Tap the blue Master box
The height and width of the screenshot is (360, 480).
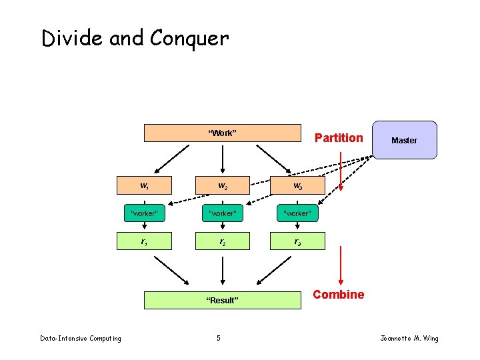[x=404, y=140]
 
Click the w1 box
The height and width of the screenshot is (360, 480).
[x=145, y=185]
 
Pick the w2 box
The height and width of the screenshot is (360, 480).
[x=222, y=185]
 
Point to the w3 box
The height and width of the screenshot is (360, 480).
[x=297, y=185]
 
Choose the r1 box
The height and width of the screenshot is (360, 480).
[x=145, y=241]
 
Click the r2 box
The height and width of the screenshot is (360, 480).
[x=222, y=241]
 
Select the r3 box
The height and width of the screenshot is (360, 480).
[x=297, y=241]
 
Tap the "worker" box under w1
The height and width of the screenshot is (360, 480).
[x=145, y=213]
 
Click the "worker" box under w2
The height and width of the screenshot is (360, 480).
[x=222, y=213]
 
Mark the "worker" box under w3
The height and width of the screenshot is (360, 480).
[x=297, y=213]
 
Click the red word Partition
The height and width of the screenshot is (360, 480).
[x=339, y=138]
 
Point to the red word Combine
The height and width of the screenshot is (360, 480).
[x=339, y=295]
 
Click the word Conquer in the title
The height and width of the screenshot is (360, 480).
[x=189, y=39]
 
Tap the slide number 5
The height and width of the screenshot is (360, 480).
[x=219, y=339]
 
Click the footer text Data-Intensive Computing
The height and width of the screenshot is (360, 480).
[x=81, y=339]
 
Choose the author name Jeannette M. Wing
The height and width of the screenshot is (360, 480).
[x=409, y=339]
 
